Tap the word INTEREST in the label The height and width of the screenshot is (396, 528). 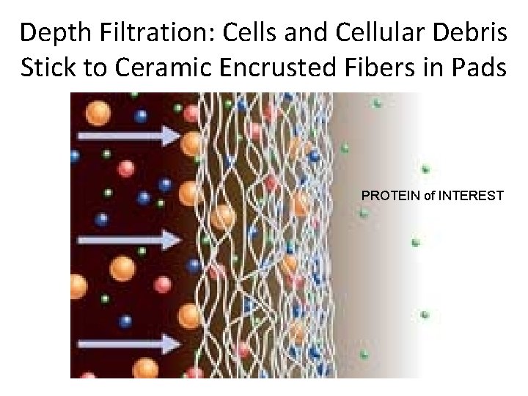point(471,196)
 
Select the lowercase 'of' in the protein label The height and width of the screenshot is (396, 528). point(428,196)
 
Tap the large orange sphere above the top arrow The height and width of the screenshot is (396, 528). point(98,113)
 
